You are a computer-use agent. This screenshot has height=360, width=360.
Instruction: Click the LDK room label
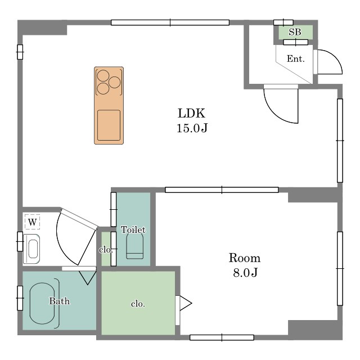[191, 113]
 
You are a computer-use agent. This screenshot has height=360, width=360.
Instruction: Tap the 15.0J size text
[192, 128]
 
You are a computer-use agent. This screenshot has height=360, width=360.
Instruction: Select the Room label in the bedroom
[245, 258]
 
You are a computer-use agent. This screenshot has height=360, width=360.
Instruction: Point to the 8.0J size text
[245, 273]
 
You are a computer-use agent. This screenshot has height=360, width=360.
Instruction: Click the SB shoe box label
[295, 32]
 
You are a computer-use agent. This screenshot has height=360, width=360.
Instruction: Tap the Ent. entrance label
[295, 58]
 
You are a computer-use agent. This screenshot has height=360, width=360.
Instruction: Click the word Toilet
[133, 229]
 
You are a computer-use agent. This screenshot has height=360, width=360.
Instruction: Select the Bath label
[60, 301]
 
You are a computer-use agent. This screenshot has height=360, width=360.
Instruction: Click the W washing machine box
[33, 222]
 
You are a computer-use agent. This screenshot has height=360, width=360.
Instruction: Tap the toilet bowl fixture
[135, 246]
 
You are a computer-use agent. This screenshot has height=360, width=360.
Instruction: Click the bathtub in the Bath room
[42, 303]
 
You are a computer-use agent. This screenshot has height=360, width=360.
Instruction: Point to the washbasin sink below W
[31, 249]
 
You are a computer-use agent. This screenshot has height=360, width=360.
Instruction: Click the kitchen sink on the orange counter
[109, 125]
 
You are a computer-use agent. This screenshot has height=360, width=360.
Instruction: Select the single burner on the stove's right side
[114, 82]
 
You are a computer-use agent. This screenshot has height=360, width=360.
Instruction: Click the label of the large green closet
[138, 304]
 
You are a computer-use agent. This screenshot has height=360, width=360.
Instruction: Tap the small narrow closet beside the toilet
[106, 249]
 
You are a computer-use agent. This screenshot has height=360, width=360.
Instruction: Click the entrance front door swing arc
[336, 57]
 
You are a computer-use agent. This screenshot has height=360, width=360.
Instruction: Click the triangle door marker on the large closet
[186, 303]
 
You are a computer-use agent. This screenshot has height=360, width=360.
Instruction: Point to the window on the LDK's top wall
[170, 22]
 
